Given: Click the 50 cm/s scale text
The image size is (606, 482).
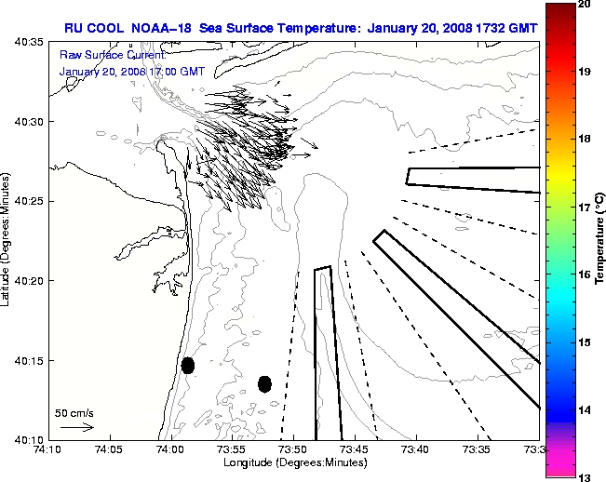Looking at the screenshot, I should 74,412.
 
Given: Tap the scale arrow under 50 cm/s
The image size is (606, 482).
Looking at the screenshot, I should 77,427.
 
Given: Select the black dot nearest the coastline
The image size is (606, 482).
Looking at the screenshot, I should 188,365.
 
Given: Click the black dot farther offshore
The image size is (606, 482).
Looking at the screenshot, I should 264,383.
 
